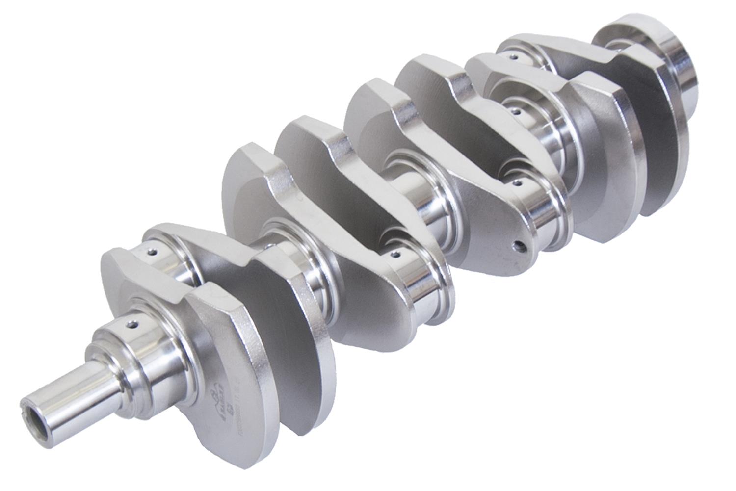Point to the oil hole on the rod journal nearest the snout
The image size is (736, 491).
click(153, 253)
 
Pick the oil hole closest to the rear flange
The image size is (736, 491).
click(513, 57)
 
